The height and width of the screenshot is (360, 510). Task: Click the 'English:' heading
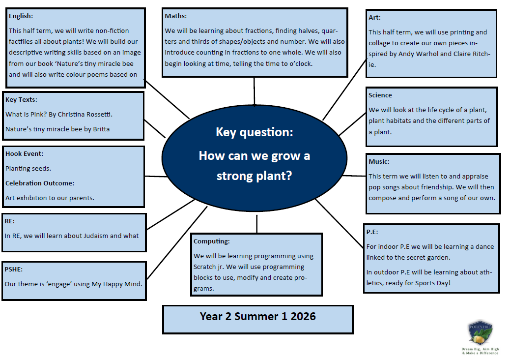pyautogui.click(x=21, y=16)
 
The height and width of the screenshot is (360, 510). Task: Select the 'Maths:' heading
pyautogui.click(x=175, y=16)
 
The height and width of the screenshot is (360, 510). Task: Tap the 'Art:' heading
pyautogui.click(x=374, y=18)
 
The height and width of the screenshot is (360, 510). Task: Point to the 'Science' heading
pyautogui.click(x=380, y=95)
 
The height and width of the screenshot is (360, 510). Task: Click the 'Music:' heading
pyautogui.click(x=379, y=161)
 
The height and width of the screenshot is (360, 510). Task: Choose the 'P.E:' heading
pyautogui.click(x=372, y=232)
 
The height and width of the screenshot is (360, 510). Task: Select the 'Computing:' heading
pyautogui.click(x=211, y=241)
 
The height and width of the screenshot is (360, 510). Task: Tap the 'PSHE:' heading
pyautogui.click(x=14, y=269)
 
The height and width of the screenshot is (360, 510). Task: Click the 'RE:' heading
pyautogui.click(x=9, y=221)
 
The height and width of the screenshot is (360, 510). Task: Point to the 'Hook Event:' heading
pyautogui.click(x=25, y=153)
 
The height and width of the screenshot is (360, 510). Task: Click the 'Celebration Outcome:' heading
pyautogui.click(x=40, y=183)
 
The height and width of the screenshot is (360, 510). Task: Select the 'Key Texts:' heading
pyautogui.click(x=21, y=100)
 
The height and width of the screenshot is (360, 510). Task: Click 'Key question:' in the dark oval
pyautogui.click(x=255, y=132)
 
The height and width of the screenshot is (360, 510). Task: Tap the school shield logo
pyautogui.click(x=481, y=333)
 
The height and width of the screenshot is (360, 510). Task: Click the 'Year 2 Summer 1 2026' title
pyautogui.click(x=257, y=316)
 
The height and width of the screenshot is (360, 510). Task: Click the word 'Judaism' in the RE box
pyautogui.click(x=96, y=236)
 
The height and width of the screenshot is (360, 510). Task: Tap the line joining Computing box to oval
pyautogui.click(x=256, y=224)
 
